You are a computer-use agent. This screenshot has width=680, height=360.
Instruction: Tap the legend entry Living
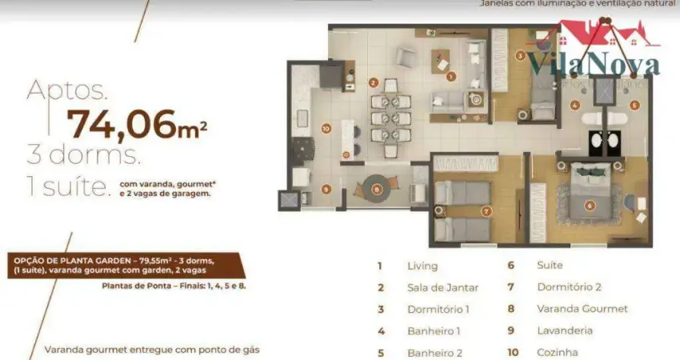(422, 266)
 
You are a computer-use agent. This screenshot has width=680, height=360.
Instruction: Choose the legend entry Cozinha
(558, 352)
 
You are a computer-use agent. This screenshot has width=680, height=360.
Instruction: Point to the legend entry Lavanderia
(564, 330)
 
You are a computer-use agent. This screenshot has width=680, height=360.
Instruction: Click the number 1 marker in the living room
(451, 77)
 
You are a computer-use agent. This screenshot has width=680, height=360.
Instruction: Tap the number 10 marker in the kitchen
(326, 128)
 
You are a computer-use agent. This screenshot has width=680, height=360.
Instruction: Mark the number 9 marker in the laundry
(326, 190)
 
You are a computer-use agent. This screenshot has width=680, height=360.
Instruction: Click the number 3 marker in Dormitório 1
(520, 55)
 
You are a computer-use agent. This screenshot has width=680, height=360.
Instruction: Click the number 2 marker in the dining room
(373, 82)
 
